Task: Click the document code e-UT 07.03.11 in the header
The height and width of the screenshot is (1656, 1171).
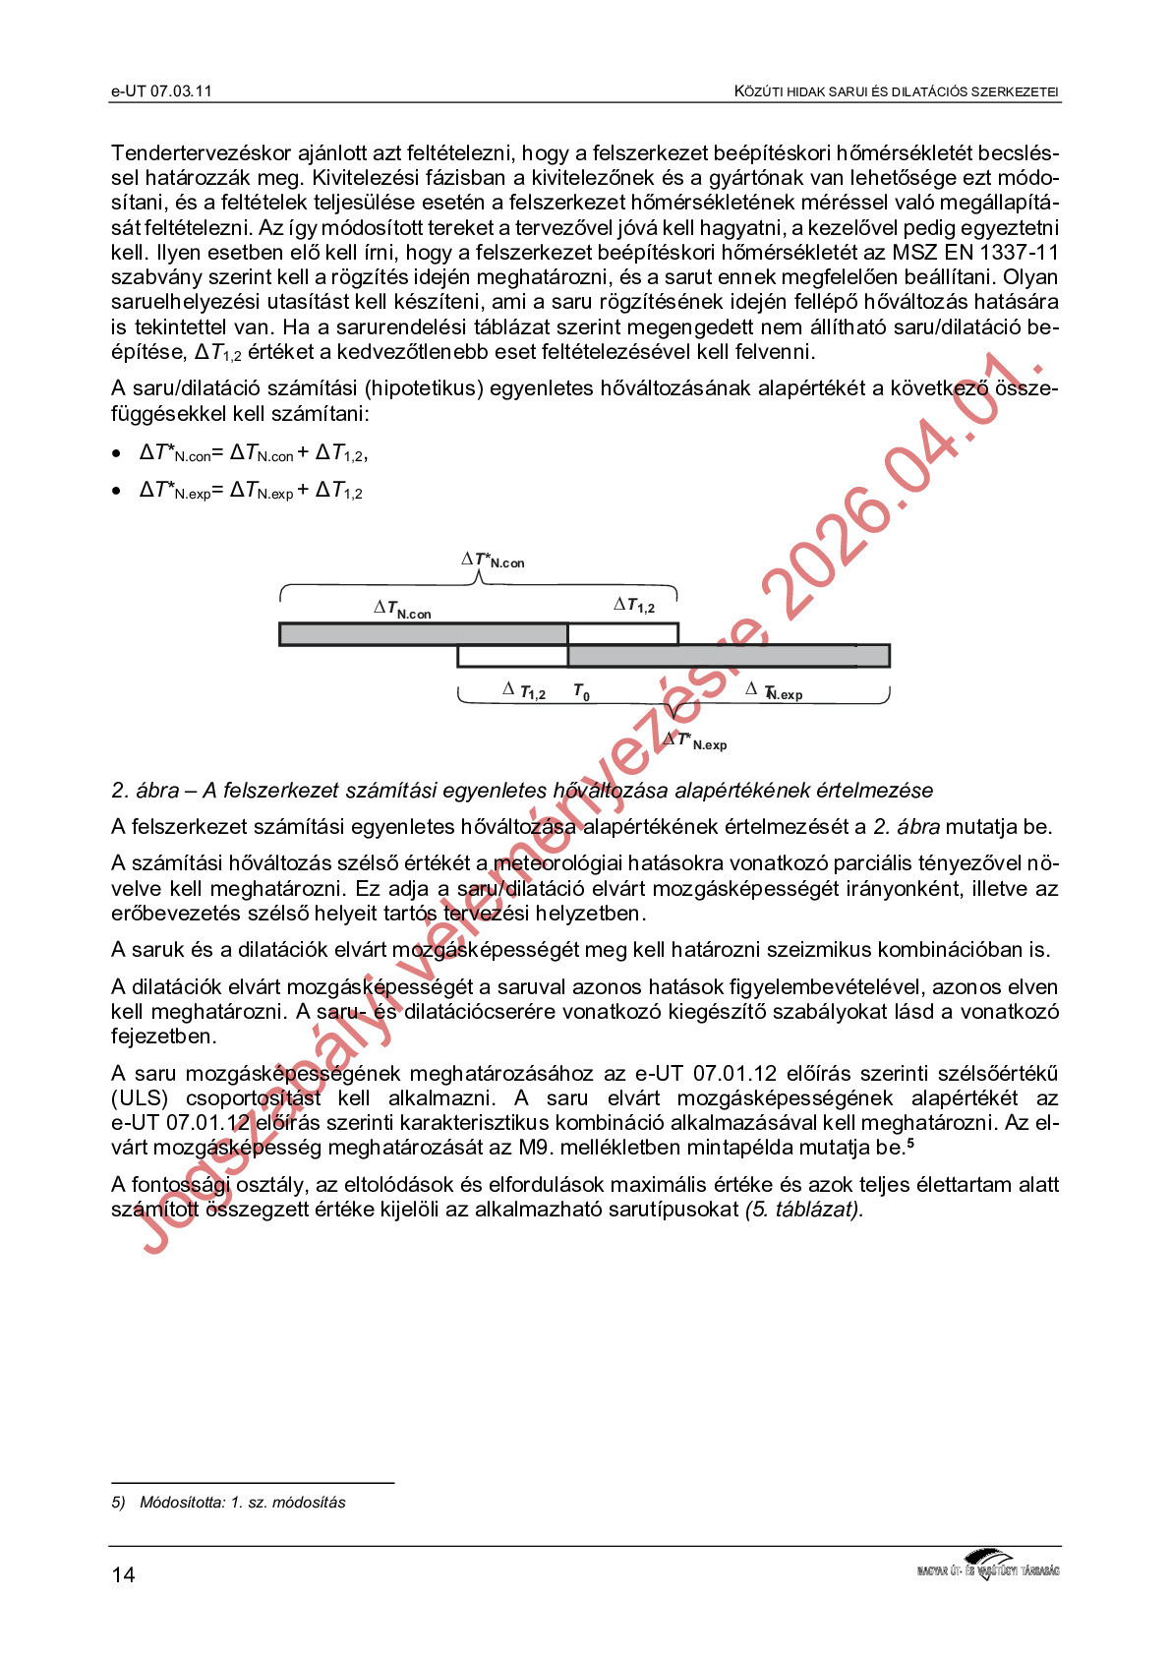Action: (161, 91)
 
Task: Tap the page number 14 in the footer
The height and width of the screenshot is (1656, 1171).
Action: (123, 1574)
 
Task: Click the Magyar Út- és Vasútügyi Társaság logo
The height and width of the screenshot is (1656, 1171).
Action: (987, 1565)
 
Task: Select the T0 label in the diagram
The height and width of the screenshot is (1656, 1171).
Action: (581, 692)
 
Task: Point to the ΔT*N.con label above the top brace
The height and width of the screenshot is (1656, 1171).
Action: (494, 561)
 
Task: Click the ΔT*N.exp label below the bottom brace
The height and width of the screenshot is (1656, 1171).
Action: (695, 741)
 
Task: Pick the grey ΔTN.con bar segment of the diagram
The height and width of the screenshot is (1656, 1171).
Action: (423, 634)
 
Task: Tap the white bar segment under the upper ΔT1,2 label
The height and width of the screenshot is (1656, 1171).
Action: (622, 634)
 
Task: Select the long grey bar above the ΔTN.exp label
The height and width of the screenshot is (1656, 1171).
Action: (729, 656)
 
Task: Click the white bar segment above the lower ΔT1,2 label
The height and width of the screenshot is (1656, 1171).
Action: (512, 656)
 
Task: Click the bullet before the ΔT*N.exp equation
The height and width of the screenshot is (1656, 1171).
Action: (117, 492)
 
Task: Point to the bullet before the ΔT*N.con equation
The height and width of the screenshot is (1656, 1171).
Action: (117, 454)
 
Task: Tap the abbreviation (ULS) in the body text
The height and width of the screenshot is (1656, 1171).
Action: (140, 1098)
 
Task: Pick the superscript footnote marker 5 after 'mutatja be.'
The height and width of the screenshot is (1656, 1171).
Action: (910, 1143)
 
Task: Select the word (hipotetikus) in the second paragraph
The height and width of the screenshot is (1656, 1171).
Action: (421, 388)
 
